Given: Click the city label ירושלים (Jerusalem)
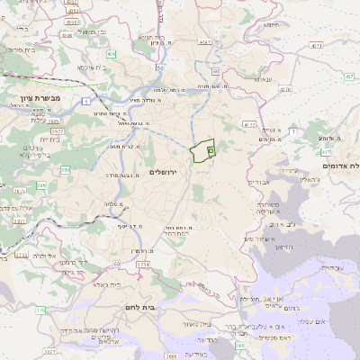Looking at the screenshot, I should point(189,170).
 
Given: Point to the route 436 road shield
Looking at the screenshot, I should point(112,55).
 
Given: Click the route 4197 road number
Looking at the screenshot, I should point(205,41).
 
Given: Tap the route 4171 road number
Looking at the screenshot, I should point(314,44).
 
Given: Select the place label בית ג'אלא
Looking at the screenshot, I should point(106,283).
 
